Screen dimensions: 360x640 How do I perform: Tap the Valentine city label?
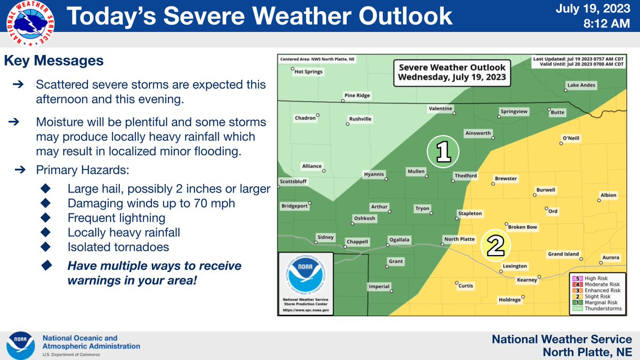point(441,109)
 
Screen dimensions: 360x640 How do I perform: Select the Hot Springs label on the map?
point(309,71)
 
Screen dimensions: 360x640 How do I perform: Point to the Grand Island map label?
point(563,254)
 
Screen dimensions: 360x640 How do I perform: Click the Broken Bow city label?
point(523,227)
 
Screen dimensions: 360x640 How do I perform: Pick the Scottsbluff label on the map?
point(294,181)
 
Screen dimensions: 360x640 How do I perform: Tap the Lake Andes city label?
point(581,85)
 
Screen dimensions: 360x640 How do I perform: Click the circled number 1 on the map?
point(443,153)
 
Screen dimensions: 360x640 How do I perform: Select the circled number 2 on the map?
point(495,245)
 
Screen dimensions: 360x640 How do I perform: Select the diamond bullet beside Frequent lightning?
point(45,218)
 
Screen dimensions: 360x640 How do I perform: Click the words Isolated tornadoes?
point(118,247)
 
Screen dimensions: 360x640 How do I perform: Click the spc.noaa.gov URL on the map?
point(306,309)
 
